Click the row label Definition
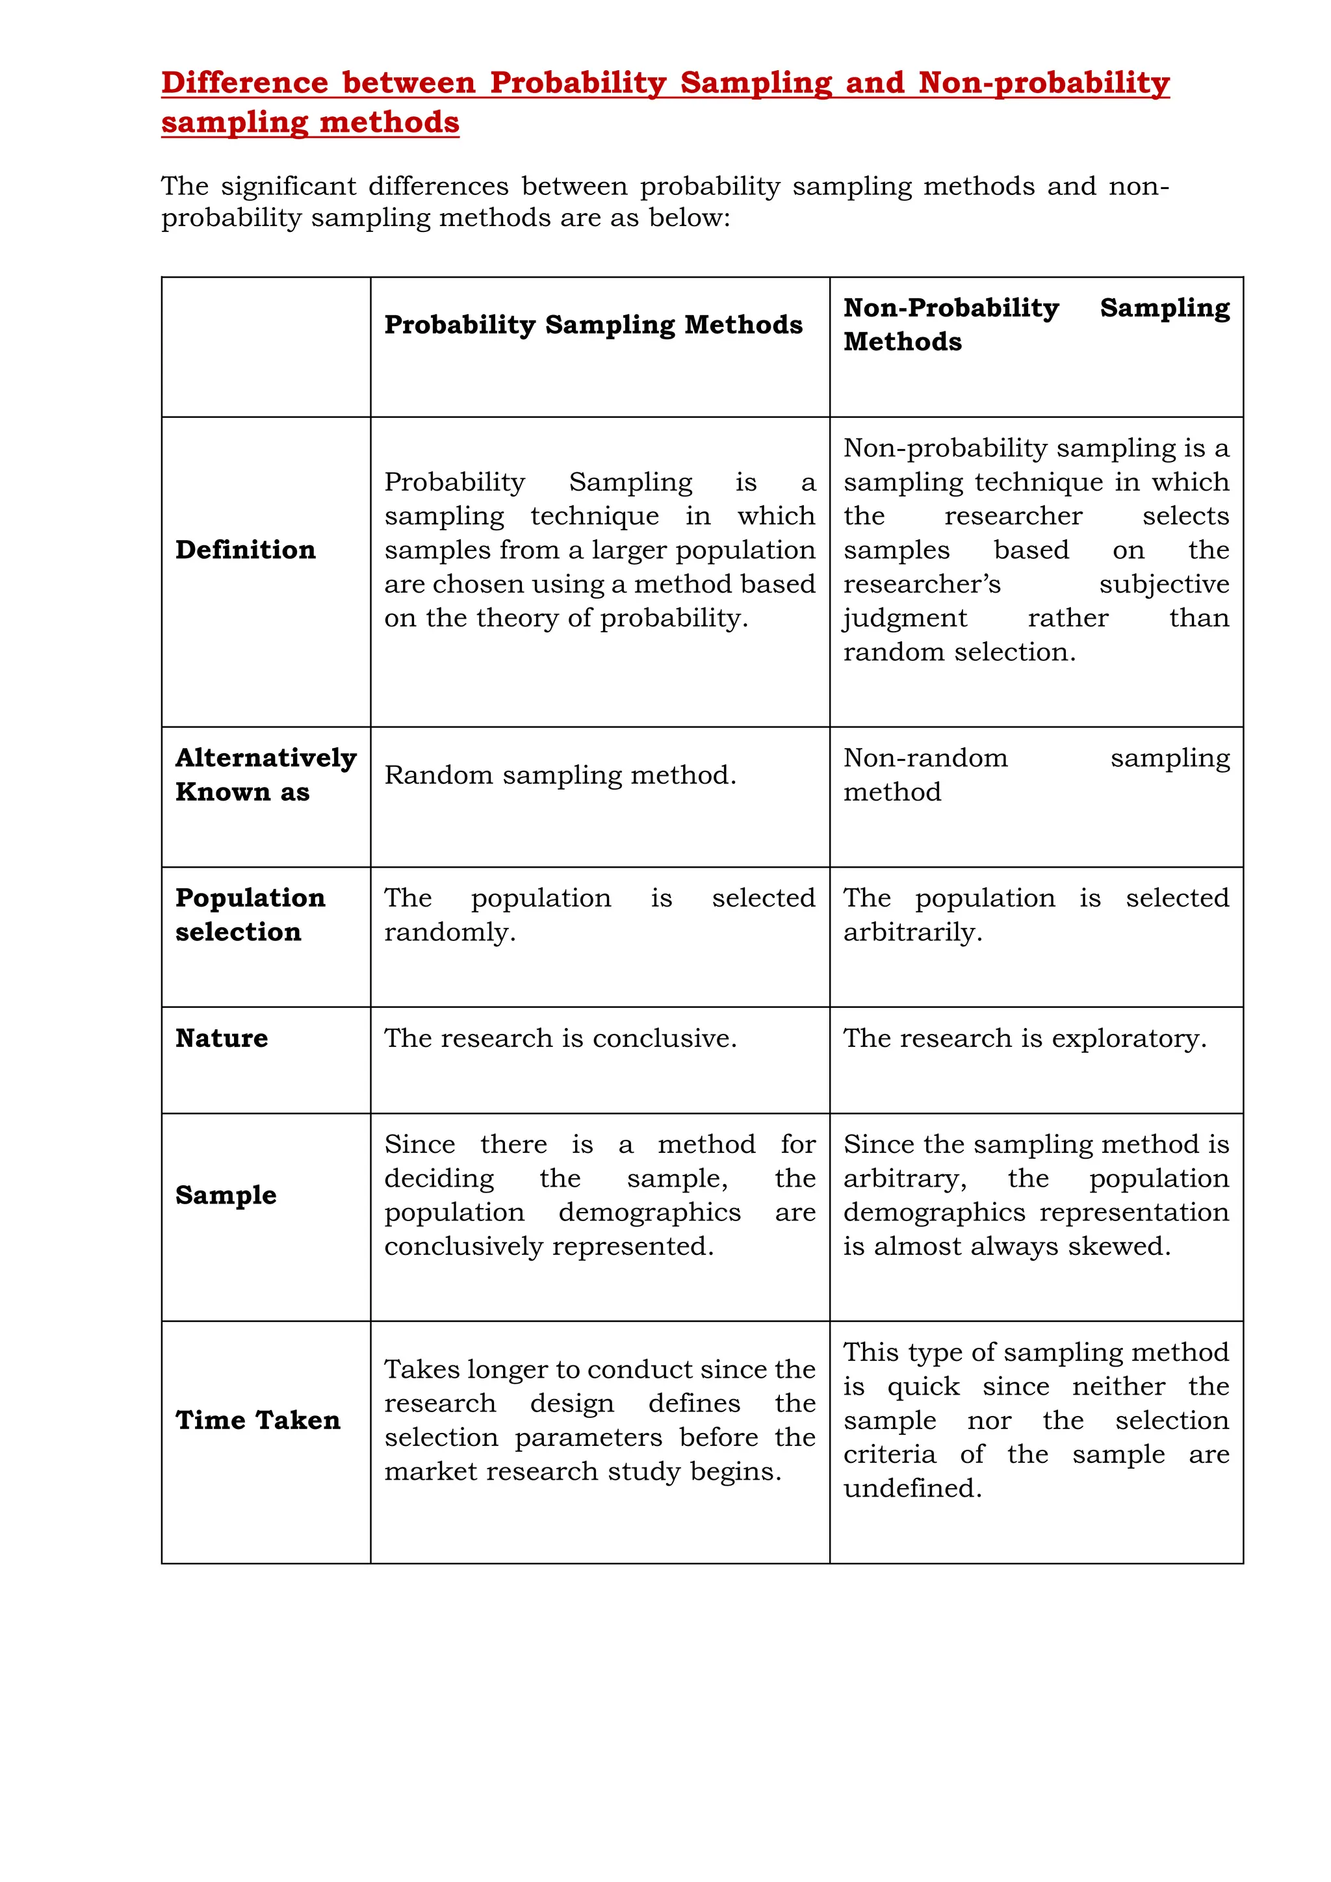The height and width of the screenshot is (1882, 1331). (x=245, y=549)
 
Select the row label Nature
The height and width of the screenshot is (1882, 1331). (x=221, y=1038)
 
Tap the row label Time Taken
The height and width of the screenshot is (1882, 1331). (x=257, y=1420)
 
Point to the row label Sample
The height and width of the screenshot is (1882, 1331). (x=226, y=1194)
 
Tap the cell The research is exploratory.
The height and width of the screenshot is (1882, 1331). (x=1024, y=1038)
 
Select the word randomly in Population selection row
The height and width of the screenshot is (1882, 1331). (x=449, y=932)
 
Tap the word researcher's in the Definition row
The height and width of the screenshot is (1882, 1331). (x=922, y=584)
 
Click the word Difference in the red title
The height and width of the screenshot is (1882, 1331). (x=244, y=83)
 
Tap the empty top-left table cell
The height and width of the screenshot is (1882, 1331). (x=266, y=347)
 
